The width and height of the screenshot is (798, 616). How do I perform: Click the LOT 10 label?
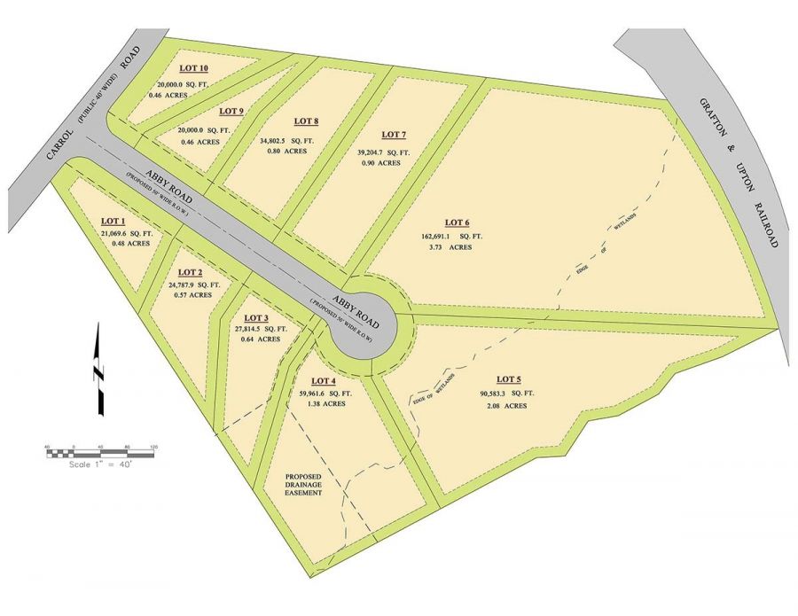point(193,68)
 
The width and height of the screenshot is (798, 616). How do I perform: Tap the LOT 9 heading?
point(231,111)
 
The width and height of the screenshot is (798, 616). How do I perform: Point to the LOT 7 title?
point(394,135)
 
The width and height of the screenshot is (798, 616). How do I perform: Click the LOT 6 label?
point(457,222)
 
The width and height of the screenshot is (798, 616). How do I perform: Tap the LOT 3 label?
point(255,317)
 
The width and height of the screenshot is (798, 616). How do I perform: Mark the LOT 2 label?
point(191,272)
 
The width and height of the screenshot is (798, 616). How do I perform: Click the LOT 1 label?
point(114,221)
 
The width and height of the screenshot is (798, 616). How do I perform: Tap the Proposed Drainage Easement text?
point(302,485)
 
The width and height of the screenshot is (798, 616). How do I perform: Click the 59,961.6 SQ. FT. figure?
point(340,393)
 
